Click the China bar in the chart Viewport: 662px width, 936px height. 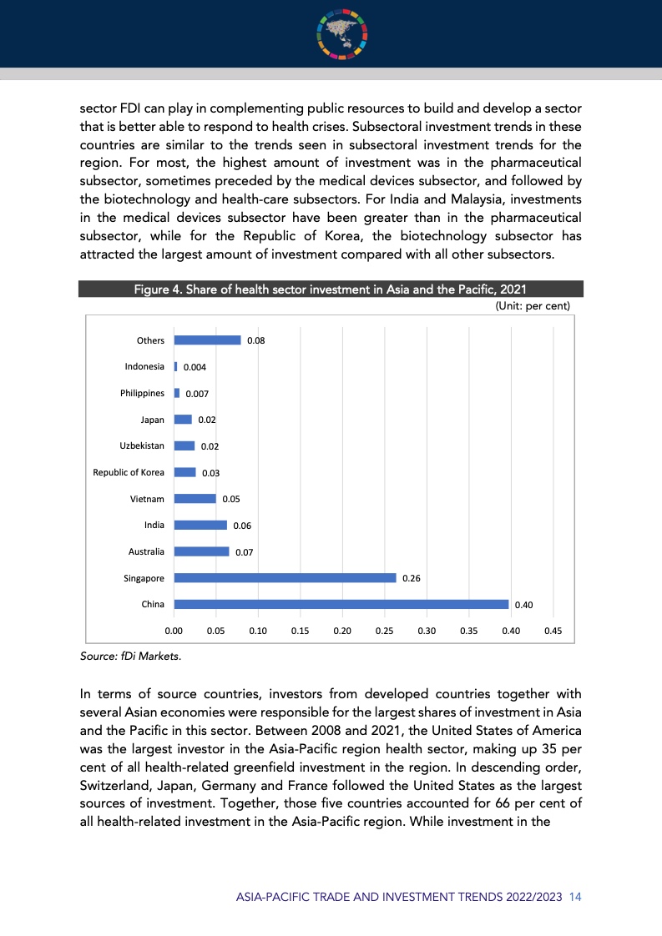341,604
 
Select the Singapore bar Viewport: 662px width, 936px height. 285,577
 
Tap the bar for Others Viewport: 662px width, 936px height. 207,340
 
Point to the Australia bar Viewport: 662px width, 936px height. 201,551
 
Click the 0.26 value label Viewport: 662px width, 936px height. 411,577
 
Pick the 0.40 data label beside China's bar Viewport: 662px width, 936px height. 523,605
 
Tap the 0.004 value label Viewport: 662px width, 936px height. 195,367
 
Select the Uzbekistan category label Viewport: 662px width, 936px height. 142,445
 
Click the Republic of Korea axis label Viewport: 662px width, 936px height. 129,472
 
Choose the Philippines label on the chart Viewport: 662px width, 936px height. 142,393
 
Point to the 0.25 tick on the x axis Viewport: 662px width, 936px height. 384,631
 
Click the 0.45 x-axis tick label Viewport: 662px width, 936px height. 553,631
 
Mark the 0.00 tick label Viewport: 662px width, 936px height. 174,631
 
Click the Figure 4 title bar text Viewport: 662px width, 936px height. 330,289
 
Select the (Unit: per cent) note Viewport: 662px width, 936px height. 533,306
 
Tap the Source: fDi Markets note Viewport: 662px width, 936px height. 130,657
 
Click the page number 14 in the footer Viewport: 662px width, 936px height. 574,897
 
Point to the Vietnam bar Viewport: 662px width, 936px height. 195,498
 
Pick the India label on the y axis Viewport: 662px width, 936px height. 154,525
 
